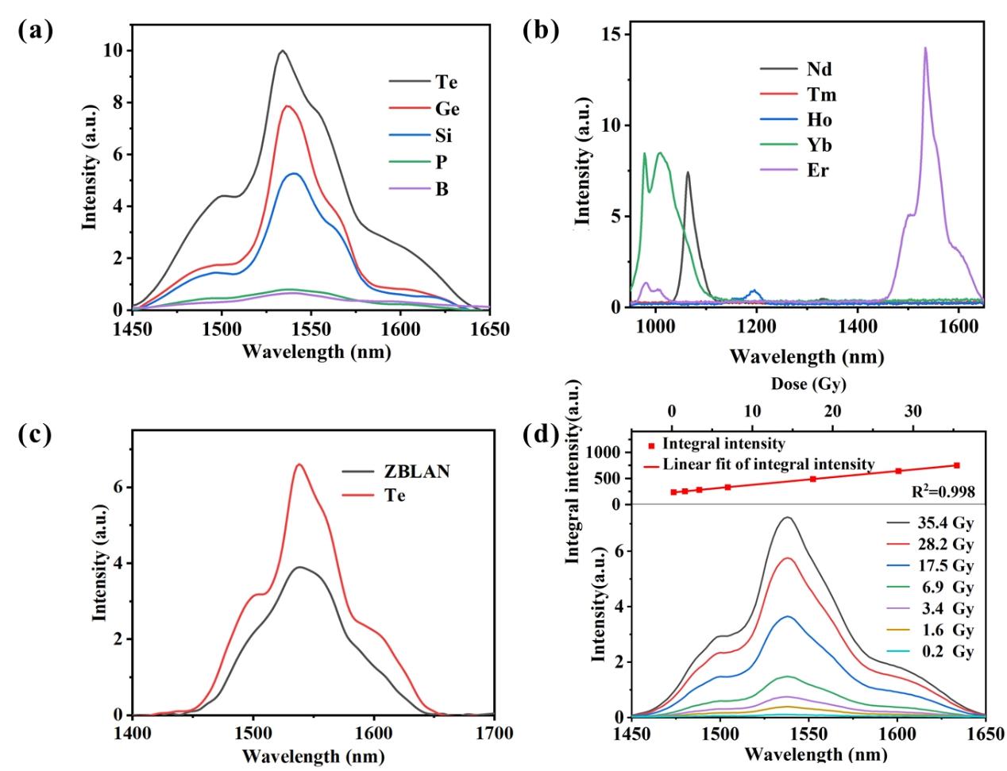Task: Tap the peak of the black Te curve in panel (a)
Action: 282,51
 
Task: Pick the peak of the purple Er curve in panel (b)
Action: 924,48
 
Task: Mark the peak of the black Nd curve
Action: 688,172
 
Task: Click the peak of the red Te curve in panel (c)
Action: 299,465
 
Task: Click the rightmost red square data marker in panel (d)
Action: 957,465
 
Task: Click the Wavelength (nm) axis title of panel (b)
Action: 806,357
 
